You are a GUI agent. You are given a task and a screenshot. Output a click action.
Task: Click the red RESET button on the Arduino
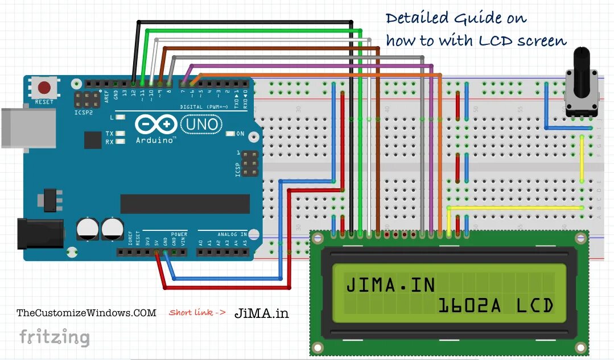[x=44, y=88]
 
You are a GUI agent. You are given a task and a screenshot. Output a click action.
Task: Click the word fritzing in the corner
[x=55, y=337]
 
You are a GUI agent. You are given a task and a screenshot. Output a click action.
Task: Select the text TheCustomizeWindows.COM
[x=86, y=313]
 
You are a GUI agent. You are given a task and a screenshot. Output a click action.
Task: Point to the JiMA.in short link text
[x=262, y=313]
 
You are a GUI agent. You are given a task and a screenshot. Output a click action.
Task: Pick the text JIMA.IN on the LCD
[x=390, y=284]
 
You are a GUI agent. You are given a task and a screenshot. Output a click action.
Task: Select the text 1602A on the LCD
[x=469, y=306]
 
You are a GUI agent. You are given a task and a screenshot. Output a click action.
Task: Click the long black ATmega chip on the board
[x=185, y=204]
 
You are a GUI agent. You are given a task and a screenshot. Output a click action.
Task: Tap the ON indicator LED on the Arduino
[x=230, y=134]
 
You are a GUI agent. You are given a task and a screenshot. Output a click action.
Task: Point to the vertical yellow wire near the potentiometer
[x=582, y=159]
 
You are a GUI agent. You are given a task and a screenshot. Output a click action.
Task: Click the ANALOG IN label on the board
[x=232, y=234]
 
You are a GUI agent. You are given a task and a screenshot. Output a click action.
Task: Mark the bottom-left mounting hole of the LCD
[x=318, y=346]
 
